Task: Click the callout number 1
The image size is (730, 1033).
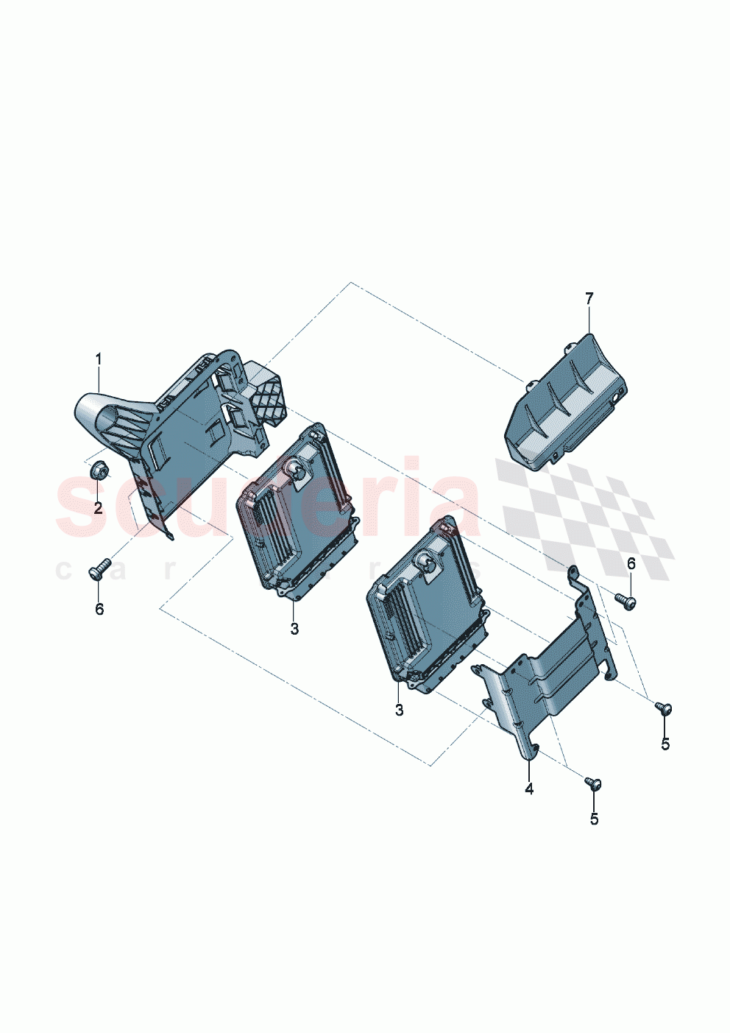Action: (98, 359)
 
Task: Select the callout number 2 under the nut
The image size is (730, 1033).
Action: (98, 508)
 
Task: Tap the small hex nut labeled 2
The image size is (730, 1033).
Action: (98, 468)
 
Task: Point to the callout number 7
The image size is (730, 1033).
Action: (589, 298)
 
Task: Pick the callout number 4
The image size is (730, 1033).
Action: (529, 789)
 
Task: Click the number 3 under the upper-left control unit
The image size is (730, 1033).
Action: (294, 629)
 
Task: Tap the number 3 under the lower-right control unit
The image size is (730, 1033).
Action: (399, 711)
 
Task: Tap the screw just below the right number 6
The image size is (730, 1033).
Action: (626, 602)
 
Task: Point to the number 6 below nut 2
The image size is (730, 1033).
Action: (99, 609)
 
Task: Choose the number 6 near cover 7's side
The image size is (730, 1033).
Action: (631, 564)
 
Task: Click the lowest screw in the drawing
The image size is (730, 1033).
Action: (594, 783)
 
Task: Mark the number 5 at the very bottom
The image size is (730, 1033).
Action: (594, 819)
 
